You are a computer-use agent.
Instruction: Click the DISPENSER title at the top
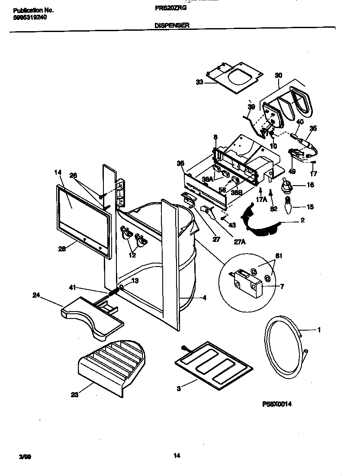pyautogui.click(x=172, y=26)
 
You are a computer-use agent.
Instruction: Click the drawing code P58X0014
pyautogui.click(x=277, y=404)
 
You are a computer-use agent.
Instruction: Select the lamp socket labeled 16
pyautogui.click(x=286, y=185)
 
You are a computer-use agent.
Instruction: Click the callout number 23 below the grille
pyautogui.click(x=75, y=394)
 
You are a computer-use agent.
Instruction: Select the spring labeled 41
pyautogui.click(x=112, y=290)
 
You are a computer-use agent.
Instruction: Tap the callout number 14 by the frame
pyautogui.click(x=58, y=172)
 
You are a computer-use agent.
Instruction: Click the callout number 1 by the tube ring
pyautogui.click(x=319, y=331)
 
